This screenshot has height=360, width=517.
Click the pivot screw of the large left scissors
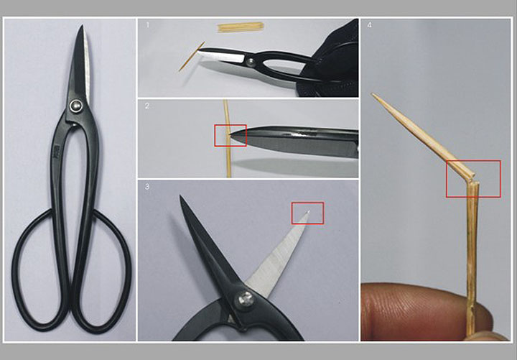tap(76, 106)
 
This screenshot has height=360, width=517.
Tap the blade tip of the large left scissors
tap(81, 25)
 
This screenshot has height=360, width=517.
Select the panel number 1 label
tap(147, 24)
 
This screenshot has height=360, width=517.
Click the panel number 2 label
tap(147, 106)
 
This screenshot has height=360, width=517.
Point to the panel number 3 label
tap(147, 186)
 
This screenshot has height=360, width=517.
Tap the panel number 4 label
tap(369, 24)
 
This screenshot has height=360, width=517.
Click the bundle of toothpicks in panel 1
tap(241, 27)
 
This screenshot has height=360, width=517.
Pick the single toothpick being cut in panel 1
tap(192, 57)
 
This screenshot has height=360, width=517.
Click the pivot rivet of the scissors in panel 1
tap(251, 60)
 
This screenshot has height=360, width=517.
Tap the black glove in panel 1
tap(330, 60)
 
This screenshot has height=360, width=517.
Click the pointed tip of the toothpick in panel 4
tap(373, 94)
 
